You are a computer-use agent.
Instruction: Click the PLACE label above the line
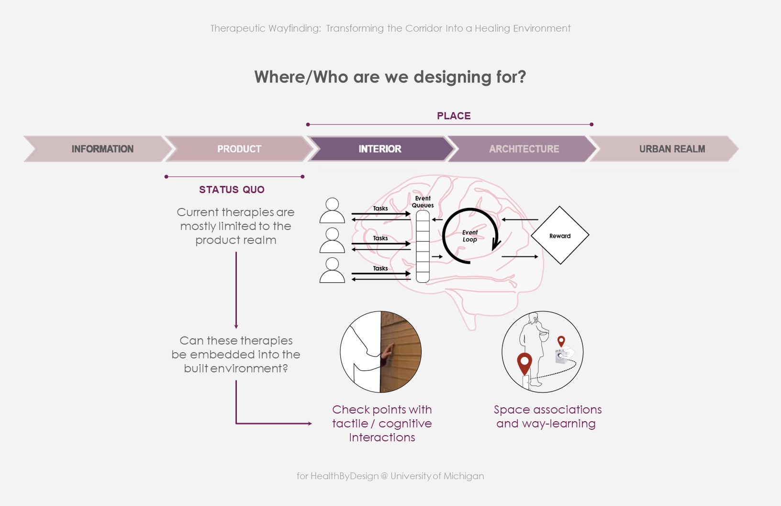coord(454,116)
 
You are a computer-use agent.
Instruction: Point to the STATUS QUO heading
coord(232,190)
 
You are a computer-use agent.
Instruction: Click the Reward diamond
coord(560,236)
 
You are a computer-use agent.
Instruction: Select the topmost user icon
coord(332,210)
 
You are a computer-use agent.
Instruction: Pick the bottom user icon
coord(332,270)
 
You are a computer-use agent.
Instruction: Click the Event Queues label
coord(423,202)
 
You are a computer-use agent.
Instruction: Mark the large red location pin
coord(524,363)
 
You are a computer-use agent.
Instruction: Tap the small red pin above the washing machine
coord(561,341)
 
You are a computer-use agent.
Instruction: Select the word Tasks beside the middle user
coord(380,238)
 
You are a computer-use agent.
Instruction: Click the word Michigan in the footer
coord(464,476)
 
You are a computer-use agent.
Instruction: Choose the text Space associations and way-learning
coord(547,416)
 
